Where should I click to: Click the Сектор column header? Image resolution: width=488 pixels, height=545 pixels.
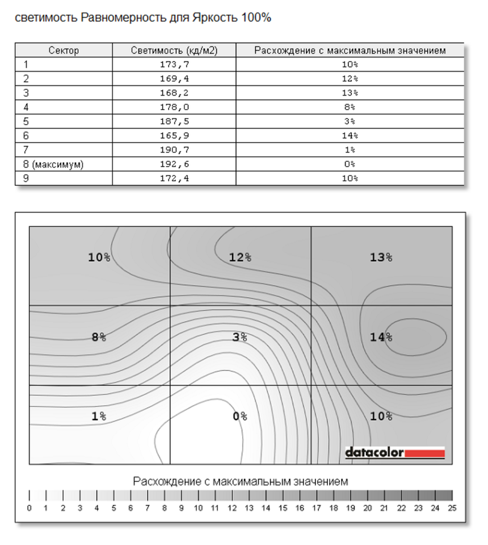tap(64, 51)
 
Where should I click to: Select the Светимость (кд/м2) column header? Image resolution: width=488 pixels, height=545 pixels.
tap(174, 51)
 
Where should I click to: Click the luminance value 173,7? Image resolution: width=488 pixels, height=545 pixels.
tap(174, 64)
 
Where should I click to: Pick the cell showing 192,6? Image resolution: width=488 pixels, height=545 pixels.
tap(174, 164)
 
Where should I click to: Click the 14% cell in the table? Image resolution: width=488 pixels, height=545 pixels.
tap(350, 135)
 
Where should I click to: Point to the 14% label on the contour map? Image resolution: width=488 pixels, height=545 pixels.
tap(381, 337)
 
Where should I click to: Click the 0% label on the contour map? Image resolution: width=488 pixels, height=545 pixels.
tap(240, 417)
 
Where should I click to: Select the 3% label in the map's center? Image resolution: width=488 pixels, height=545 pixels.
tap(240, 337)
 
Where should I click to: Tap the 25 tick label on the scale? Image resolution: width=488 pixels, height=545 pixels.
tap(452, 508)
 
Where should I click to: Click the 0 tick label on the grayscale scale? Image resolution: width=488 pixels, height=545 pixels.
tap(30, 508)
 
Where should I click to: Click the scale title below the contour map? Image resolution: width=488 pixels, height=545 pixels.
tap(241, 481)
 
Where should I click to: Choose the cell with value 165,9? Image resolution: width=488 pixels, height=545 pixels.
tap(174, 135)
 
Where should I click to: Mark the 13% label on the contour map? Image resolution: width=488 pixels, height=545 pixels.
tap(381, 257)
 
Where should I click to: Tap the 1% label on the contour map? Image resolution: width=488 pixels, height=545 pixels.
tap(99, 417)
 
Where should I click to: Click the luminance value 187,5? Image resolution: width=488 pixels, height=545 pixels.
tap(174, 121)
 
